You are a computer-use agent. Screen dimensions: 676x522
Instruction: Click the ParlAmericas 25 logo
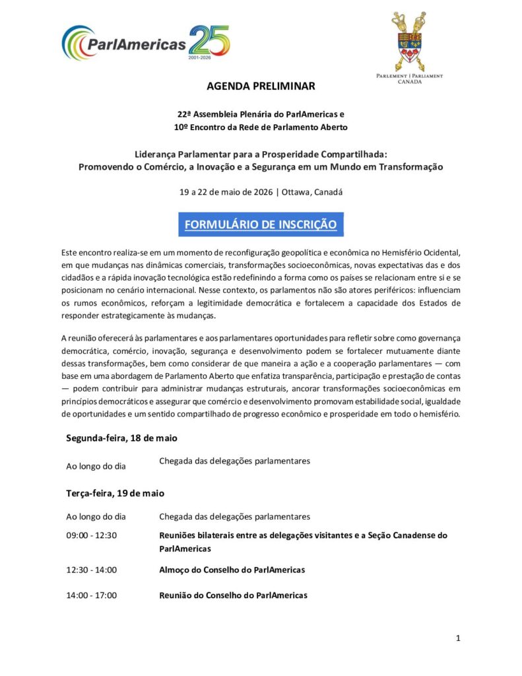146,42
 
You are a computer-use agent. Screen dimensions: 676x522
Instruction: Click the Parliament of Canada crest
408,41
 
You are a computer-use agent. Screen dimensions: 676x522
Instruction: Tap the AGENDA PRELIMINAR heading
261,86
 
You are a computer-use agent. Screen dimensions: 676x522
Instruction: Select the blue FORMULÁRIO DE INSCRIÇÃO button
261,224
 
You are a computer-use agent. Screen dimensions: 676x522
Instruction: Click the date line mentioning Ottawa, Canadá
261,193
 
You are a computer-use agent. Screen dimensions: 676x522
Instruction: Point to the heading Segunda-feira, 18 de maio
121,438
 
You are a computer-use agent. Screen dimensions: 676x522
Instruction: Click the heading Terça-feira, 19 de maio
115,493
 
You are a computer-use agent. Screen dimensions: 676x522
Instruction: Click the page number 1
457,638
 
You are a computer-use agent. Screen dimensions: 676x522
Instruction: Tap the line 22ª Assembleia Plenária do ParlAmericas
261,114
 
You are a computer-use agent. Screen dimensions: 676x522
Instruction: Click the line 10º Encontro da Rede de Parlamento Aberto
261,127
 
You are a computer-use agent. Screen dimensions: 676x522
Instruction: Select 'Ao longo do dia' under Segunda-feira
96,466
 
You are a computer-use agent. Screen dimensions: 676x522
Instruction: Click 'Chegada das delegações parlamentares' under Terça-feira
234,516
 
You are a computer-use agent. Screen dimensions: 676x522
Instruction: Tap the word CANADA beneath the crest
408,83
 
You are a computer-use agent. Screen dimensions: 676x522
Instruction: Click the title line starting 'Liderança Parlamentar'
261,154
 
